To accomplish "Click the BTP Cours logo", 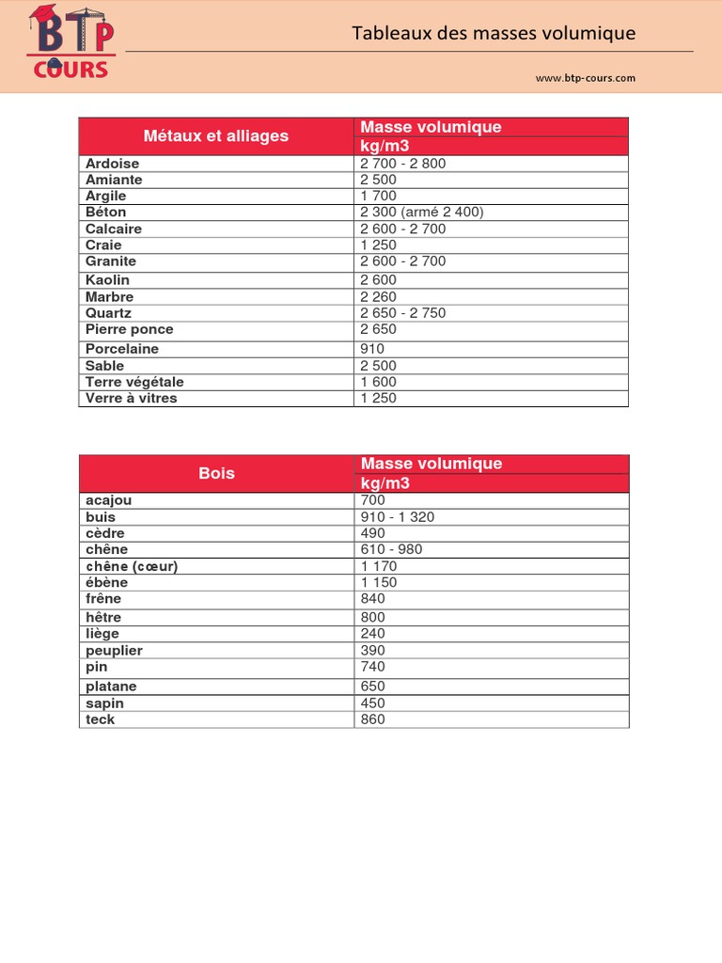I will tap(71, 41).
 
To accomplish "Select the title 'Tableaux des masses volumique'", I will tap(494, 34).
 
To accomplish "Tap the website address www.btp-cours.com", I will tap(586, 78).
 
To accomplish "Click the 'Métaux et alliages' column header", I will tap(216, 136).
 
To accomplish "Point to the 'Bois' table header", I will tap(216, 473).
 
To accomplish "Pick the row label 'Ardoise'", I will tap(112, 164).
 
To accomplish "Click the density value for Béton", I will tap(422, 213).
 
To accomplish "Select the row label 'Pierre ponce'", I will tap(129, 329).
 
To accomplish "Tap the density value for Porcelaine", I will tap(372, 349).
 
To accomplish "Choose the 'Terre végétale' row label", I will tap(134, 382).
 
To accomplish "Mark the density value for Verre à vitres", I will tap(379, 398).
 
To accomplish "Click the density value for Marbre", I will tap(379, 297).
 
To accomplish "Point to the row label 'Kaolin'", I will tap(107, 280).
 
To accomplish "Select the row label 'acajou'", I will tap(108, 500).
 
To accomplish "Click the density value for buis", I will tap(398, 517).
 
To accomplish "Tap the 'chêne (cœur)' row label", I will tap(132, 566).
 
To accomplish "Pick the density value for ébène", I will tap(379, 582).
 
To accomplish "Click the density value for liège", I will tap(372, 634).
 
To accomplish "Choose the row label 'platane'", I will tap(111, 687).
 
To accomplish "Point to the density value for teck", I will tap(372, 719).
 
